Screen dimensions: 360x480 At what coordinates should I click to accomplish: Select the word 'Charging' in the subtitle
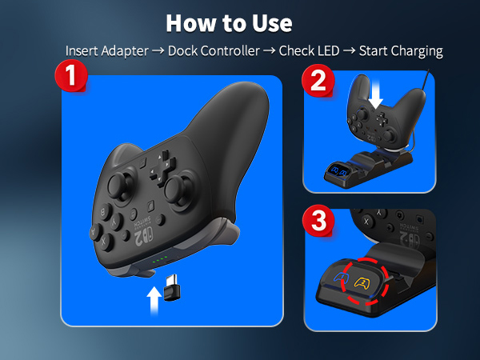pos(414,50)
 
